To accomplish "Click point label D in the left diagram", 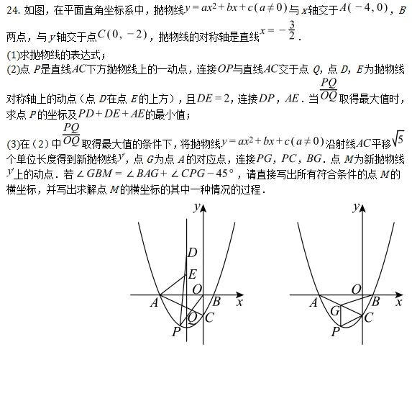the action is point(192,253).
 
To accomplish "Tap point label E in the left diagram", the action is point(192,274).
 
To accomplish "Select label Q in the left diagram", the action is point(192,316).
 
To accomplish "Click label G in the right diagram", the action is point(335,311).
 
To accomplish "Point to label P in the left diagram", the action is point(175,331).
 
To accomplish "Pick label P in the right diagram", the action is point(335,331).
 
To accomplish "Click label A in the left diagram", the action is point(154,303).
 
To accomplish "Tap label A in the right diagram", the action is point(313,303).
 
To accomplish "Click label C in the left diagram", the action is point(209,317).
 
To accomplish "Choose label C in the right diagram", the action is point(368,317).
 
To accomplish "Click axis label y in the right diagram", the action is point(355,207).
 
